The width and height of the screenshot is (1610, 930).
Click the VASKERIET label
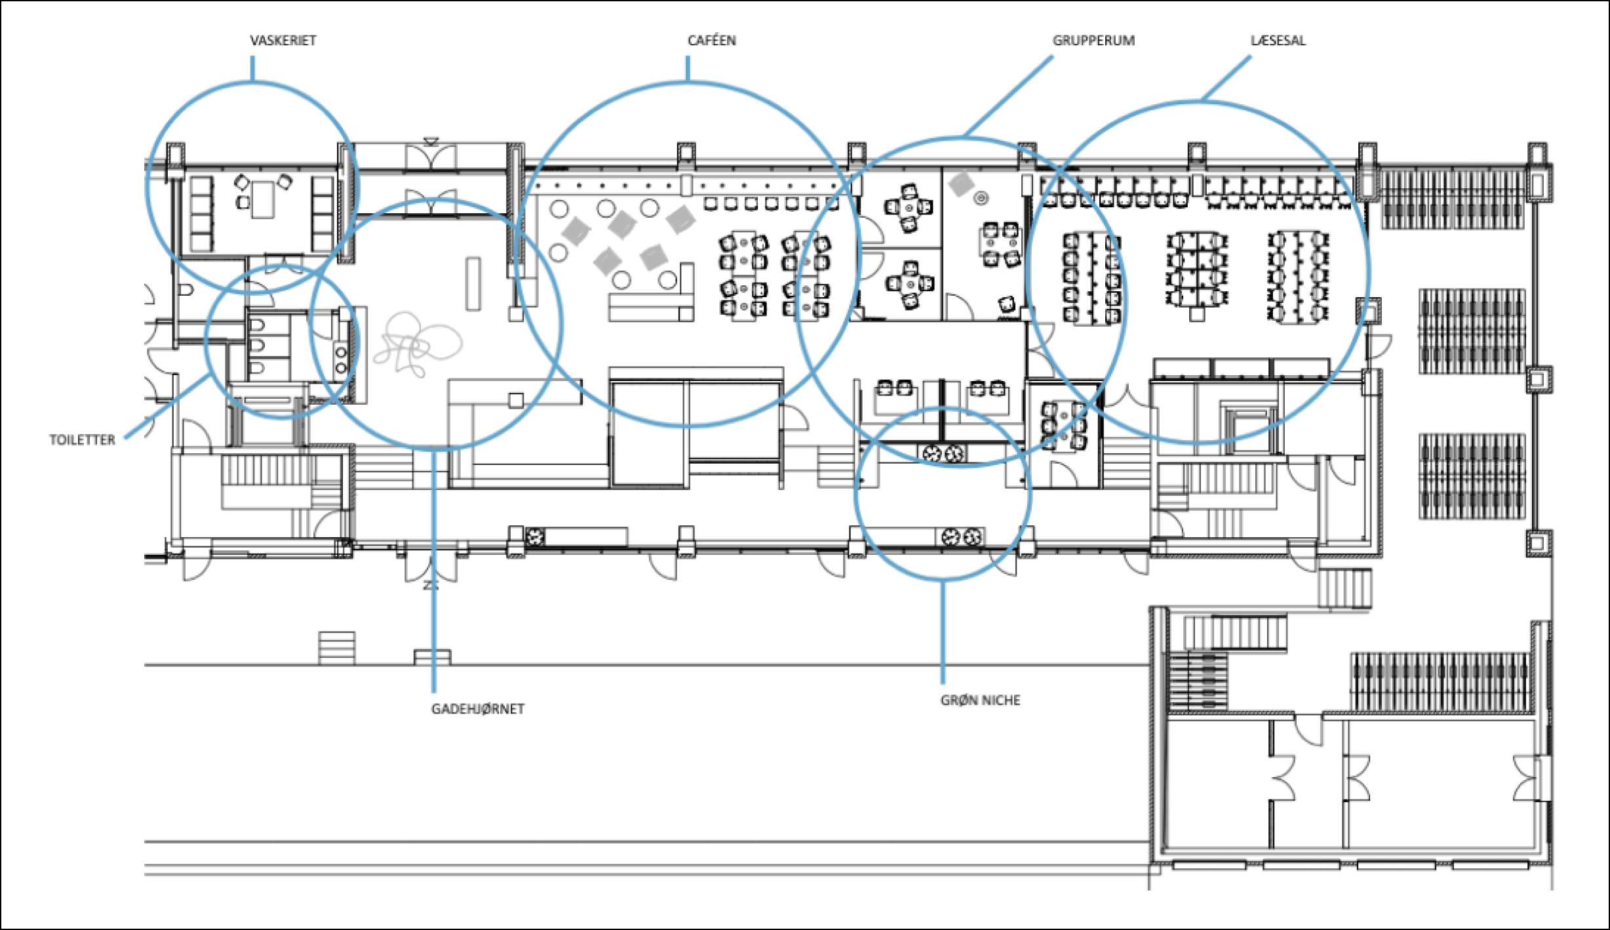[x=283, y=41]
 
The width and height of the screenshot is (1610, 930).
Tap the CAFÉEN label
[x=711, y=41]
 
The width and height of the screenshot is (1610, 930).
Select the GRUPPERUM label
[x=1093, y=41]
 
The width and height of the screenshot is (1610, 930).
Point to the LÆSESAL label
[x=1278, y=41]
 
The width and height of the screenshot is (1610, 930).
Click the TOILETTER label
[x=82, y=440]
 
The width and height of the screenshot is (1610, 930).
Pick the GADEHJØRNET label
[x=477, y=709]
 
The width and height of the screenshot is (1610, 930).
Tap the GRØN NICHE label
[x=980, y=700]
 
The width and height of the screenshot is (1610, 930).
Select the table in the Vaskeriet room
[x=262, y=199]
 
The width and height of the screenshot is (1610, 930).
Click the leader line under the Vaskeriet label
[x=252, y=69]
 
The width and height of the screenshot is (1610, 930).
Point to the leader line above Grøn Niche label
[x=943, y=630]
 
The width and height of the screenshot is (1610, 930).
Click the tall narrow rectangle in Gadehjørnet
[x=473, y=283]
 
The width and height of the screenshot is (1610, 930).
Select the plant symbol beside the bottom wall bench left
[x=536, y=537]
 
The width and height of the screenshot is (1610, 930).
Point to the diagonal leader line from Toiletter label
[x=167, y=406]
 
